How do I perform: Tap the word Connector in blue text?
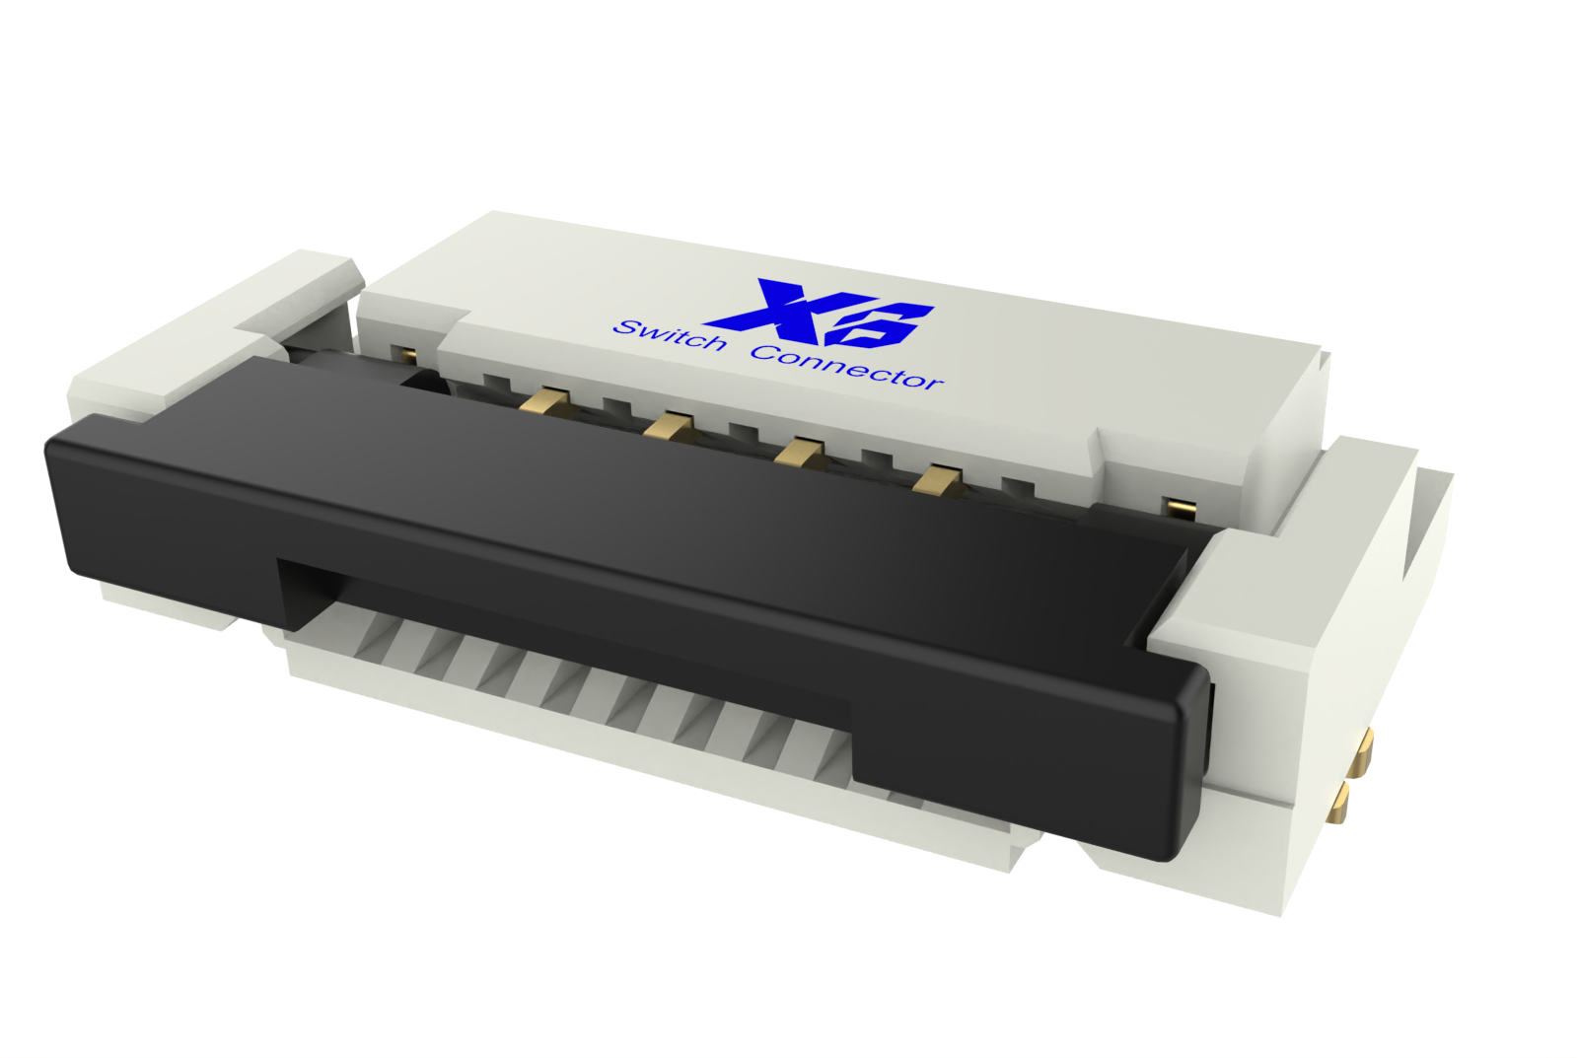click(x=846, y=367)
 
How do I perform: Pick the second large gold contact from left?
click(x=670, y=425)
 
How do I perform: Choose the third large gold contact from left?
click(x=799, y=453)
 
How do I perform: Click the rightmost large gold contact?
click(x=936, y=480)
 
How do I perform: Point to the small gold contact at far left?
click(x=403, y=354)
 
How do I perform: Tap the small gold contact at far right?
click(x=1180, y=507)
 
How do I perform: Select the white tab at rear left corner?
click(x=306, y=286)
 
